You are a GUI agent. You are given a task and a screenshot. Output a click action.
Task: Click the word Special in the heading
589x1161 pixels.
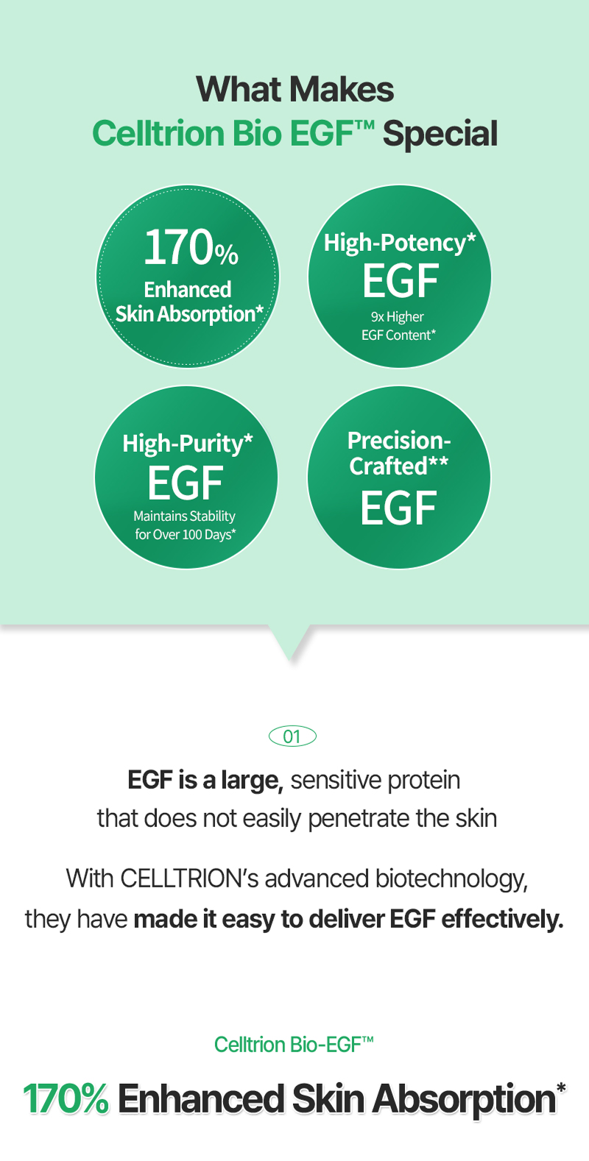pos(440,135)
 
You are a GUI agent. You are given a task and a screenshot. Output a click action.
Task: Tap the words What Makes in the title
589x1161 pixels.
pos(295,89)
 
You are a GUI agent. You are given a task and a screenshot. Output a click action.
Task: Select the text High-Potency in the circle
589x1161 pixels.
pos(395,243)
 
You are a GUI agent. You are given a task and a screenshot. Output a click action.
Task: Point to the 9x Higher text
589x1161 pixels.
pos(397,316)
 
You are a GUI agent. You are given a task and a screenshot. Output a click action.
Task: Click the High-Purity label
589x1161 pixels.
pos(183,444)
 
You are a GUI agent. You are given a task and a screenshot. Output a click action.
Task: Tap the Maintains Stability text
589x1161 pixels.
pos(185,516)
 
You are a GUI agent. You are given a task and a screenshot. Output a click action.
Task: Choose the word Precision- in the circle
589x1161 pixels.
pos(399,441)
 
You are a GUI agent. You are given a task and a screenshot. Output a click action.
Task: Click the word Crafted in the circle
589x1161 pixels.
pos(388,466)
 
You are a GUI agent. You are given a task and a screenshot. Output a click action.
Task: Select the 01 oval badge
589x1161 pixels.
pos(292,736)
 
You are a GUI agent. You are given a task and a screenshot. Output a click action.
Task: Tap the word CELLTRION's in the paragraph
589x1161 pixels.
pos(189,879)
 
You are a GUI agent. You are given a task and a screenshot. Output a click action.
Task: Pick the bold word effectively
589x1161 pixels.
pos(502,920)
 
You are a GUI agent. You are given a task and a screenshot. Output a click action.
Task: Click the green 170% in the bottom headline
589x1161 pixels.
pos(66,1098)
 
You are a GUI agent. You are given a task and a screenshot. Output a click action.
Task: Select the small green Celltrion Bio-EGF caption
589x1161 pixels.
pos(294,1045)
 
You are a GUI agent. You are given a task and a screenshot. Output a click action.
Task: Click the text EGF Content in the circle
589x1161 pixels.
pos(397,335)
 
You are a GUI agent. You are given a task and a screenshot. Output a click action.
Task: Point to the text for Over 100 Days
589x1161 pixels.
pos(185,534)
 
